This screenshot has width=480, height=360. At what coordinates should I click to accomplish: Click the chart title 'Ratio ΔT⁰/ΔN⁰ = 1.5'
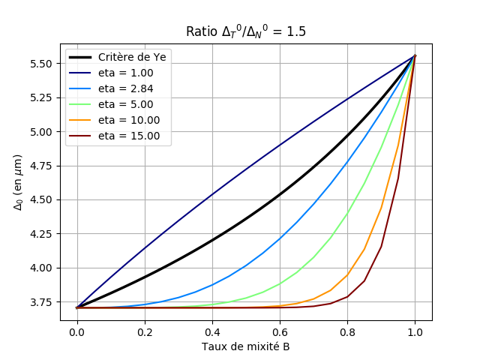(x=246, y=31)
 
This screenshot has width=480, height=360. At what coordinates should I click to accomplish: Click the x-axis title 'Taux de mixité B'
(x=246, y=347)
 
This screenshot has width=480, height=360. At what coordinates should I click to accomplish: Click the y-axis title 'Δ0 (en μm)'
(x=19, y=182)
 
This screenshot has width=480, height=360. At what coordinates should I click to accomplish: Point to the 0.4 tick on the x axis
(x=212, y=332)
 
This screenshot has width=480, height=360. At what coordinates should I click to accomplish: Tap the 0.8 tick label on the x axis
(x=347, y=332)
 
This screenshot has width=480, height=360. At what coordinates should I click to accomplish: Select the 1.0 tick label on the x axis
(x=415, y=332)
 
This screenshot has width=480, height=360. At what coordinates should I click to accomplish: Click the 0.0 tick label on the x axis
(x=76, y=332)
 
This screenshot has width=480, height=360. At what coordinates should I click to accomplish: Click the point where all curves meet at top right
(x=415, y=55)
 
